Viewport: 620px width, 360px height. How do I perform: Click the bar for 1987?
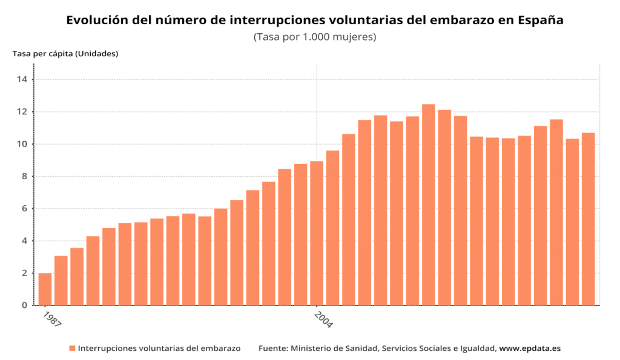[x=45, y=289]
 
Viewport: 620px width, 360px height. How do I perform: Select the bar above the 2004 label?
[x=317, y=233]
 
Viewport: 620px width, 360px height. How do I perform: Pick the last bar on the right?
[x=589, y=219]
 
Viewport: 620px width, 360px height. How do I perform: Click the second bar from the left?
[x=61, y=281]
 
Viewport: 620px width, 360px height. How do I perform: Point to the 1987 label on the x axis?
[x=53, y=319]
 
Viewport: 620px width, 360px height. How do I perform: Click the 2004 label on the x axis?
[x=323, y=320]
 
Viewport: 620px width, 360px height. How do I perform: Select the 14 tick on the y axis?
[x=22, y=79]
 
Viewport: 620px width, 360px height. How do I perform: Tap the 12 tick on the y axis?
[x=22, y=112]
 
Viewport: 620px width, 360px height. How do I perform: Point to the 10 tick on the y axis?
[x=22, y=144]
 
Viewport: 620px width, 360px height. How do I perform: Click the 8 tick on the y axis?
[x=24, y=176]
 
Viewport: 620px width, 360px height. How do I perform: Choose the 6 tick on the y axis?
[x=24, y=209]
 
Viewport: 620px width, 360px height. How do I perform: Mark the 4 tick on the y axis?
[x=24, y=241]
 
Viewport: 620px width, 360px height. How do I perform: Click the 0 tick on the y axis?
[x=24, y=306]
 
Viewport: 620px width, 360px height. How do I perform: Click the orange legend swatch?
[x=72, y=349]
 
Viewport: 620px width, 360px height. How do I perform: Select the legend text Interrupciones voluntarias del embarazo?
[x=159, y=349]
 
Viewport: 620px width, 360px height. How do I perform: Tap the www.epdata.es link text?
[x=530, y=349]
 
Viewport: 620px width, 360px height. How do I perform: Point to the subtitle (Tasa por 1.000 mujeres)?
[x=315, y=37]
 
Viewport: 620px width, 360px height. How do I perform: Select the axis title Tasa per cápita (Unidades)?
[x=65, y=53]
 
